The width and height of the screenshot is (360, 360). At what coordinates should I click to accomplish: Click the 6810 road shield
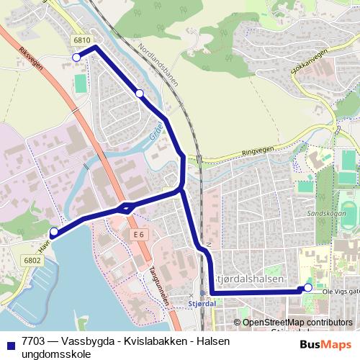click(81, 42)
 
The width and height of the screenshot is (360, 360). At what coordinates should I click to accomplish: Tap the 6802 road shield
click(32, 261)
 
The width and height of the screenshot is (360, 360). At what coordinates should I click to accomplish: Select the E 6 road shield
click(139, 235)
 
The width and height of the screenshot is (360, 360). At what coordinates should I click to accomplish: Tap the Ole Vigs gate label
click(339, 292)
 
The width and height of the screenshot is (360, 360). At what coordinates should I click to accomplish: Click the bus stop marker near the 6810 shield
click(76, 57)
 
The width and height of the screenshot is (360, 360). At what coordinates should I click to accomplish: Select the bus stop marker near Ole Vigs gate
click(308, 288)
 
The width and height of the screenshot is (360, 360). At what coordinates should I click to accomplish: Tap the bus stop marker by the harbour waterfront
click(53, 232)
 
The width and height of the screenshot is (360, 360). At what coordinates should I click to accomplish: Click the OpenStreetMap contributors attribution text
click(297, 322)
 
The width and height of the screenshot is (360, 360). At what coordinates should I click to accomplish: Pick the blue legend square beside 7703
click(10, 343)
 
